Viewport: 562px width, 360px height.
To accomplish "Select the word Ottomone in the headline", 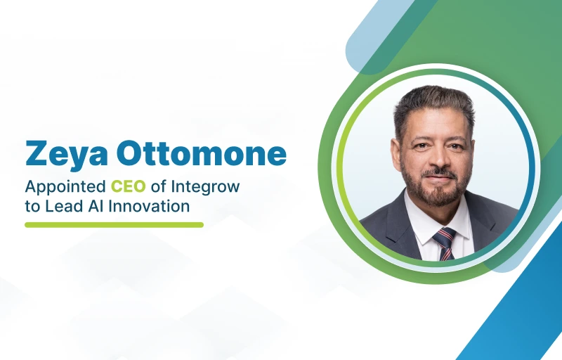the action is click(202, 153).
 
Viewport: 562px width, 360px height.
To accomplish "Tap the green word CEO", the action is click(129, 186).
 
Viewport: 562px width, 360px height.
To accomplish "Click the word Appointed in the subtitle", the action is click(65, 187).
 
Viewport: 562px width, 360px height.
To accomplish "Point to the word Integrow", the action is click(205, 188).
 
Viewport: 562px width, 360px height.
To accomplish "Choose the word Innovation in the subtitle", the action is click(149, 206).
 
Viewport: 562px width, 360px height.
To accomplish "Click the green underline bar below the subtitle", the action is click(114, 225).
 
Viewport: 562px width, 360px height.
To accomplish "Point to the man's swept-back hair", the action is click(434, 104).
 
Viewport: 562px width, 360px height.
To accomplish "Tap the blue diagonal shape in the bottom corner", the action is click(520, 304).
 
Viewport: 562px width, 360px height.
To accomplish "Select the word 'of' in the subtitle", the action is click(158, 186).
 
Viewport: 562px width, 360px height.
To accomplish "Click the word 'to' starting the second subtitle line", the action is click(32, 207).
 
